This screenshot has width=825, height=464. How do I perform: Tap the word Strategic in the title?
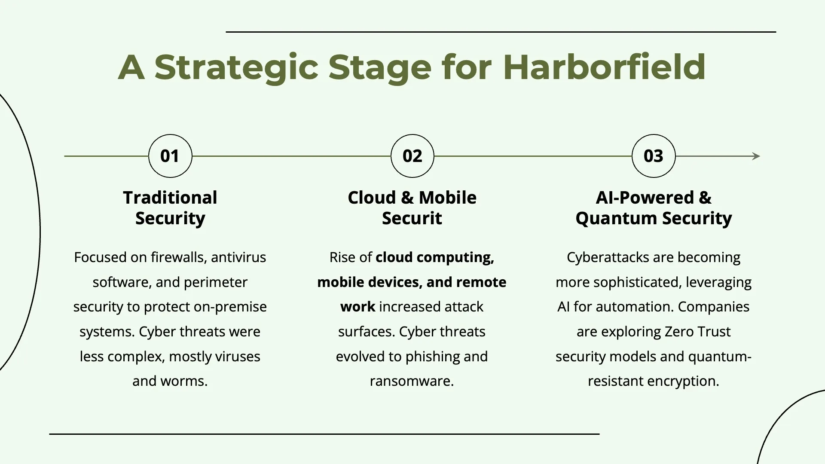pos(236,68)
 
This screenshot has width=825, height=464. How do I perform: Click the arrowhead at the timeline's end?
pos(757,156)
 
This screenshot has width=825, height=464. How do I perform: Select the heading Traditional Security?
pos(170,208)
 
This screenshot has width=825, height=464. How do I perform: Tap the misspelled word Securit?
pos(412,218)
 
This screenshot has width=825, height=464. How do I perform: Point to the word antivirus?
pos(238,257)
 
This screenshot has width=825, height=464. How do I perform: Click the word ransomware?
pos(412,382)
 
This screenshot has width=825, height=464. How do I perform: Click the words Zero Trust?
pos(697,332)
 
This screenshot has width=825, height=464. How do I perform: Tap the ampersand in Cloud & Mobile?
pos(407,198)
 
